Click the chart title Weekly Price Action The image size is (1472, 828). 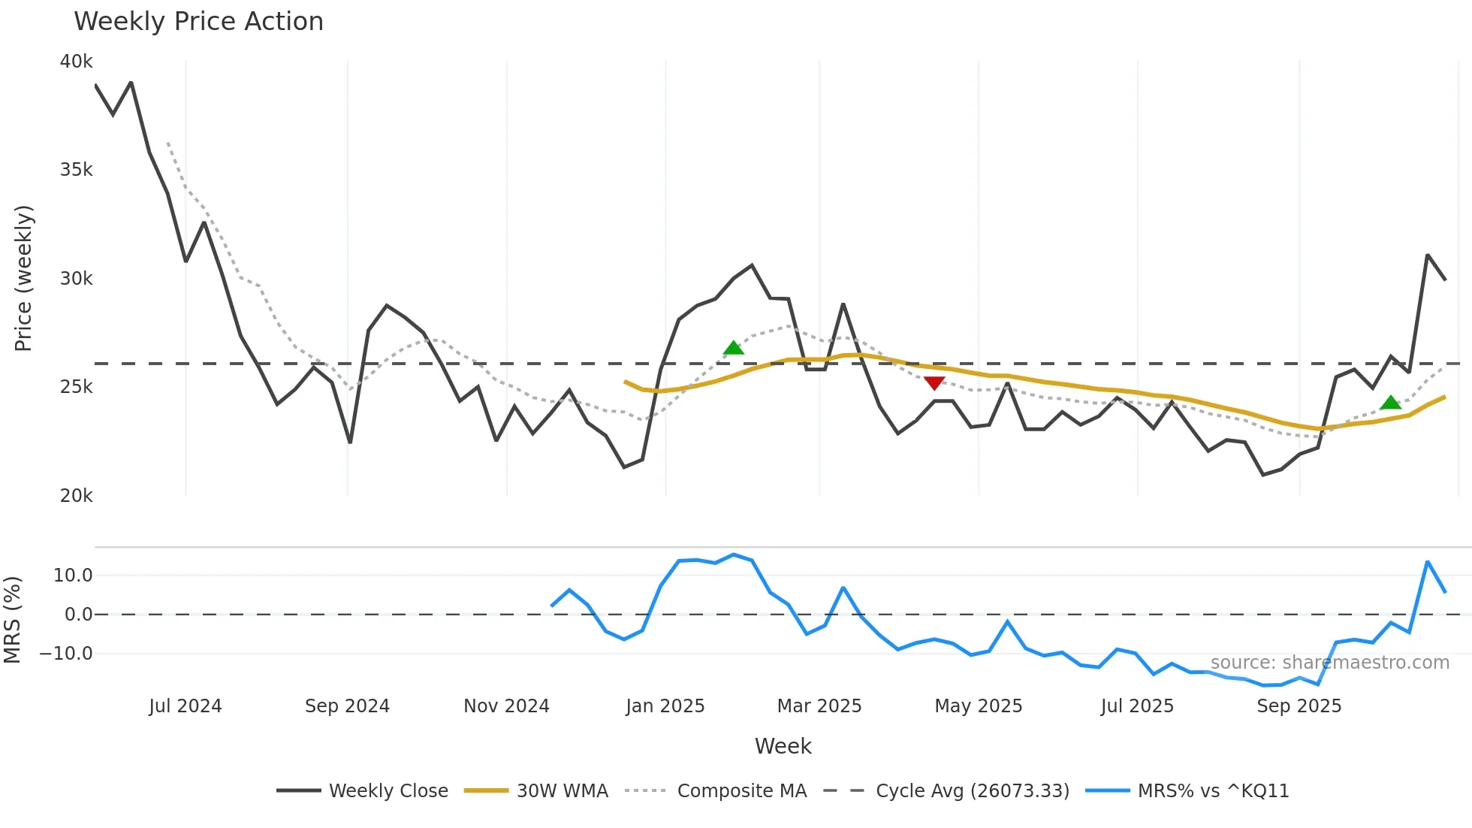pyautogui.click(x=198, y=21)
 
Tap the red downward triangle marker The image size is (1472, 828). pyautogui.click(x=934, y=383)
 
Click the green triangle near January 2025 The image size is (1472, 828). pyautogui.click(x=733, y=348)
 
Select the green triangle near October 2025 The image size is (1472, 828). pyautogui.click(x=1390, y=403)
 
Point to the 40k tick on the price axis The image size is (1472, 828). pyautogui.click(x=76, y=62)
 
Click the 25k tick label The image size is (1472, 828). pyautogui.click(x=76, y=387)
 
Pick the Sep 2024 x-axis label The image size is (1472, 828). pyautogui.click(x=347, y=706)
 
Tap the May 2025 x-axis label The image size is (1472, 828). pyautogui.click(x=978, y=706)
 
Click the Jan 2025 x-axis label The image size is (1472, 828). pyautogui.click(x=665, y=706)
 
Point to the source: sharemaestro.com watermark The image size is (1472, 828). pyautogui.click(x=1329, y=663)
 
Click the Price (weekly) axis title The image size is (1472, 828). pyautogui.click(x=23, y=278)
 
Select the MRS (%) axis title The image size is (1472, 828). pyautogui.click(x=12, y=620)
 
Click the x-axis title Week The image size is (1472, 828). pyautogui.click(x=783, y=746)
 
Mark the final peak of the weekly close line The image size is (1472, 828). pyautogui.click(x=1427, y=255)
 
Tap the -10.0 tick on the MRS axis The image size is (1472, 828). pyautogui.click(x=66, y=654)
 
